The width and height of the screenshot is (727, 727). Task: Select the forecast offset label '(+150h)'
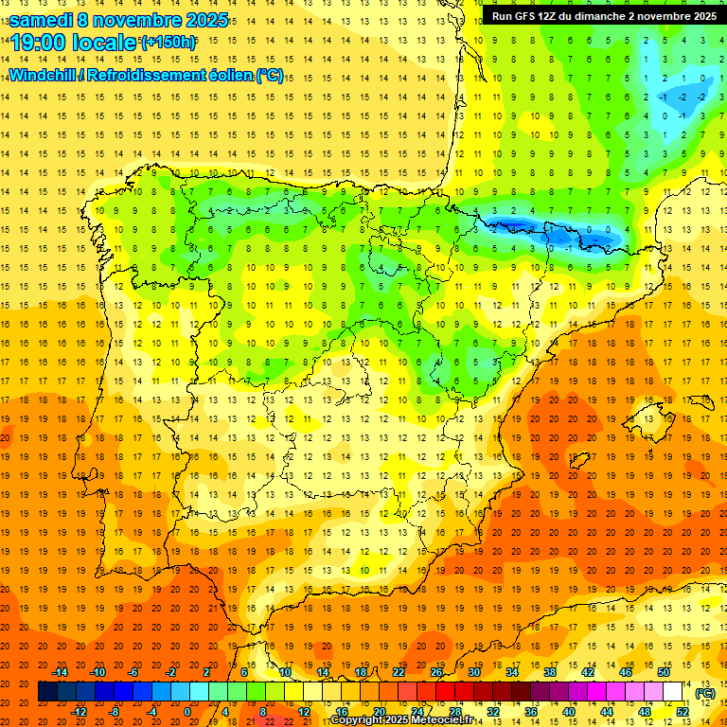click(x=168, y=43)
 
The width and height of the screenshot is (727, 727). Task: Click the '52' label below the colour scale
click(x=682, y=712)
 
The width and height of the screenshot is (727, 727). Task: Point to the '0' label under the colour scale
click(x=187, y=712)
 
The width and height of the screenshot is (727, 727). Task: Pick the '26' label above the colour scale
click(x=435, y=672)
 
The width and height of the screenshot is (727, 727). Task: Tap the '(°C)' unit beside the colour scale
click(x=705, y=693)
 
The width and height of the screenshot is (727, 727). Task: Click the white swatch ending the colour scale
click(x=672, y=692)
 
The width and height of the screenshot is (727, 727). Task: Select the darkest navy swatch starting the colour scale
click(x=47, y=692)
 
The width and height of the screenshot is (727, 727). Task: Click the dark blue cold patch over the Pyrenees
click(x=516, y=225)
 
